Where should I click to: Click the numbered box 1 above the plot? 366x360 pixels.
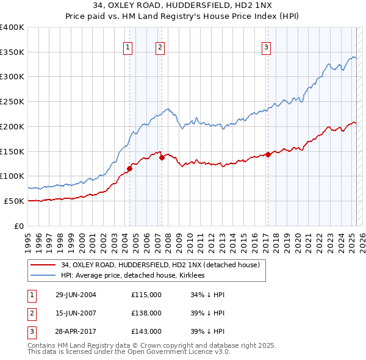tap(129, 48)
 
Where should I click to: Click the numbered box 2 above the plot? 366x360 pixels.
tap(160, 48)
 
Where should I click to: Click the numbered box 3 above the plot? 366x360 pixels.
tap(267, 48)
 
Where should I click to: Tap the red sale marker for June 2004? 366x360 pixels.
tap(129, 168)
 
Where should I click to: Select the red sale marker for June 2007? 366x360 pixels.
tap(162, 157)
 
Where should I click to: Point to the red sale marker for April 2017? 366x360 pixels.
tap(268, 155)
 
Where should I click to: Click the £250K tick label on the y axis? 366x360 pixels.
tap(12, 102)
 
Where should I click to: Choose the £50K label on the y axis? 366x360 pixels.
tap(13, 201)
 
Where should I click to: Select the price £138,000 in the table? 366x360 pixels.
tap(146, 314)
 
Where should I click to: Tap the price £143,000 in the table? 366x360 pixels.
tap(146, 331)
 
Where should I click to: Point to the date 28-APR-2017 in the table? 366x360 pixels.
tap(76, 331)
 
